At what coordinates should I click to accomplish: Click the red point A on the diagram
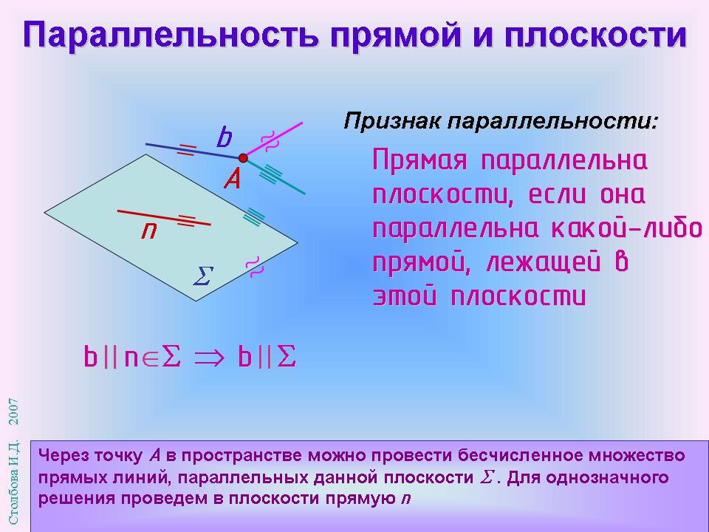(243, 158)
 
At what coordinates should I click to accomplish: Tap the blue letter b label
(224, 137)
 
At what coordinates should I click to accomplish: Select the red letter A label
(233, 179)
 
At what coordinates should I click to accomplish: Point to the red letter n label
(148, 231)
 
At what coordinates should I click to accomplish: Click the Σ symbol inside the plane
(203, 276)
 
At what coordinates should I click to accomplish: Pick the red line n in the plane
(164, 217)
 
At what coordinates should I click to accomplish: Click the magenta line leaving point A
(273, 140)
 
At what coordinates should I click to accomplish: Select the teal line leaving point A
(274, 176)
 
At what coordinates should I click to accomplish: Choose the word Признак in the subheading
(392, 121)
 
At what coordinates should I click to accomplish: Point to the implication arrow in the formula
(209, 358)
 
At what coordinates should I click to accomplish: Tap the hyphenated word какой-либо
(626, 228)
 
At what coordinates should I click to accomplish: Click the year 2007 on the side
(14, 412)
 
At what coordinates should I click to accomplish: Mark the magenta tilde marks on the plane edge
(254, 267)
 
